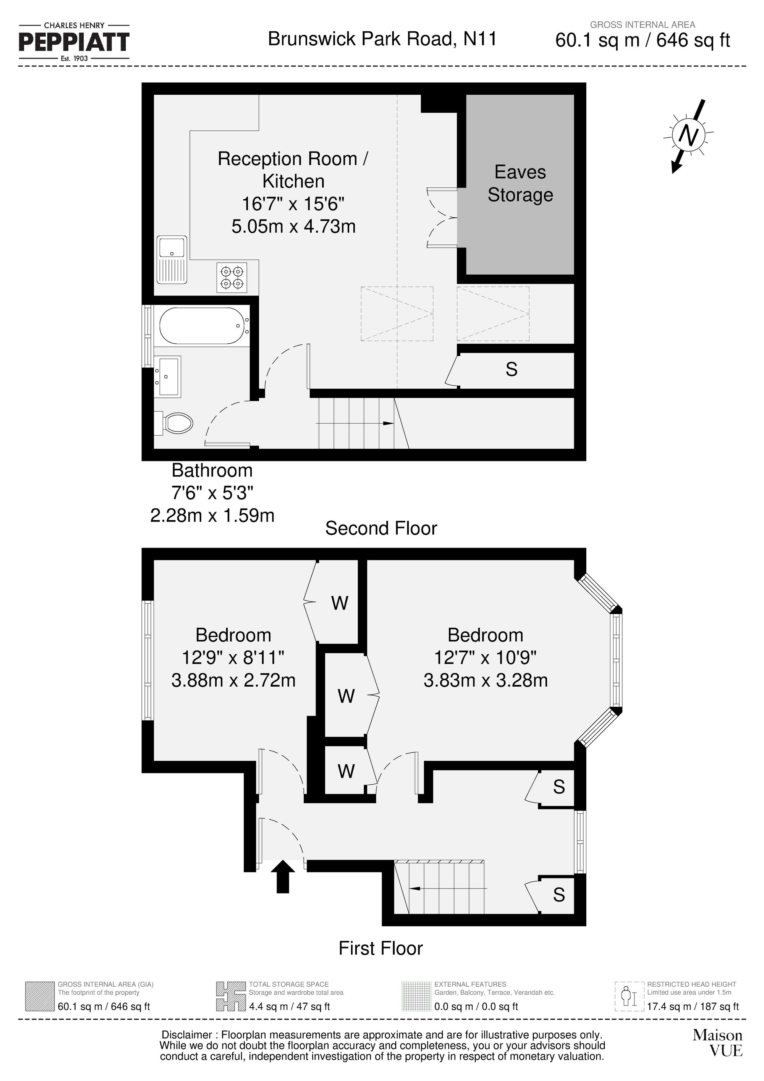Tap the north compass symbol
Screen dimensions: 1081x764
[x=689, y=136]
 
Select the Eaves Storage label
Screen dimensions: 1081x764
[x=520, y=184]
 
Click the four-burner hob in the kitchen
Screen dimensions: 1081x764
[x=232, y=278]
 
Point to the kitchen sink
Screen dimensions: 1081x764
[x=172, y=260]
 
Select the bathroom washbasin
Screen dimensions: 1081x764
[x=168, y=376]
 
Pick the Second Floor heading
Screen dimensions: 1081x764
[x=381, y=528]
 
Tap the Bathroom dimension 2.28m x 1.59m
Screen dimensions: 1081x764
[x=212, y=515]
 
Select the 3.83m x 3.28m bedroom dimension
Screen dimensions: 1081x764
[x=486, y=680]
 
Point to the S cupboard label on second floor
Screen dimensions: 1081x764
[x=511, y=370]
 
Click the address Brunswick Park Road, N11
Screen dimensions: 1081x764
[x=382, y=39]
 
